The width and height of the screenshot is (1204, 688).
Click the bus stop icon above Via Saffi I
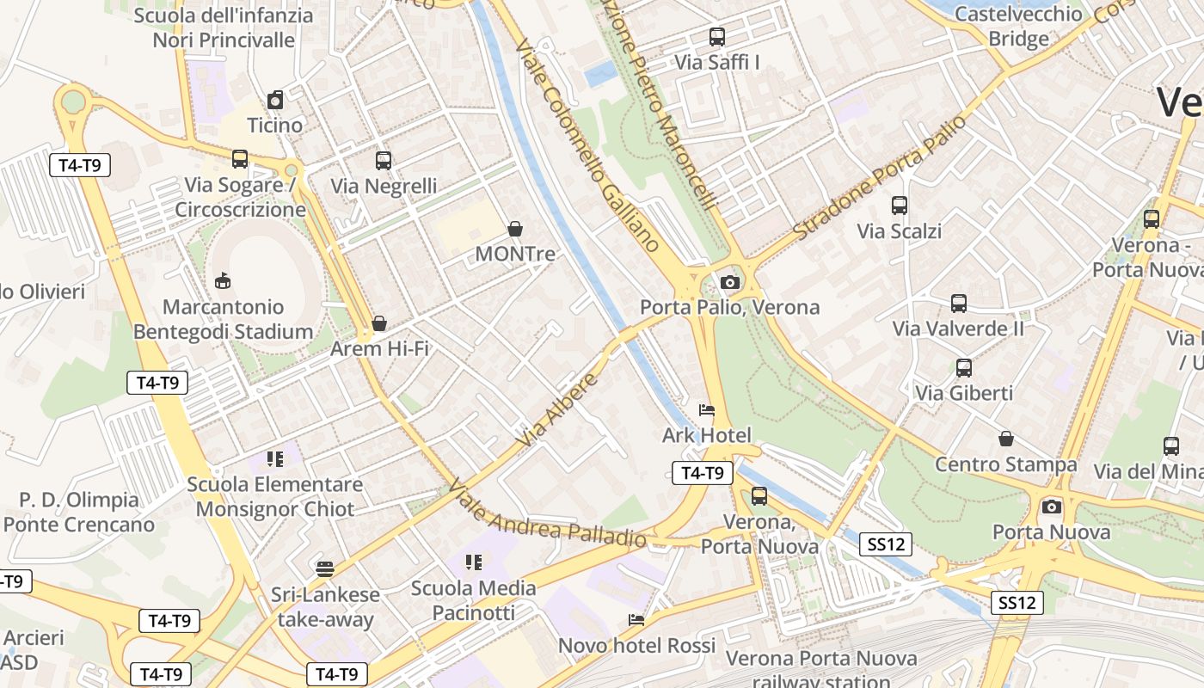716,37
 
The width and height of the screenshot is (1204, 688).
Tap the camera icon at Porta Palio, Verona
729,282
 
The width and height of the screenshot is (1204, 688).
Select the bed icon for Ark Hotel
707,410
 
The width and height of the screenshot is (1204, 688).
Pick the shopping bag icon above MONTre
515,229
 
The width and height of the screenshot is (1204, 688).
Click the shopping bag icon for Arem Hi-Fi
379,323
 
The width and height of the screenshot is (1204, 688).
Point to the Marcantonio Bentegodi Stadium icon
223,280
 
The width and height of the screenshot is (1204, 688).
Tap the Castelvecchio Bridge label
1018,26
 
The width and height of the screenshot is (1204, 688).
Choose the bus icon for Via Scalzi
899,206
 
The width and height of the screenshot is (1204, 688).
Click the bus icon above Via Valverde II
958,304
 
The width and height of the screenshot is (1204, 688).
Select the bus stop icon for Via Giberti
963,368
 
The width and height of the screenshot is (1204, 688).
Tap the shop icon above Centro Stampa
1005,439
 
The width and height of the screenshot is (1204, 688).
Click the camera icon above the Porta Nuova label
1051,507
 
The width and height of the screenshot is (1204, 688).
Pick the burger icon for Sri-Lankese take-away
324,568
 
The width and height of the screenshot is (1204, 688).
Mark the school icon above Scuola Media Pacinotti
473,562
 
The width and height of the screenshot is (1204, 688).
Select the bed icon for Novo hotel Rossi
636,620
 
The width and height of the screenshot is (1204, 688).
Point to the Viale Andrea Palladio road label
546,514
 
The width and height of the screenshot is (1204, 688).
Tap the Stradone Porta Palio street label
879,178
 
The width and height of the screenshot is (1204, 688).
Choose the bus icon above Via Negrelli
384,161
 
